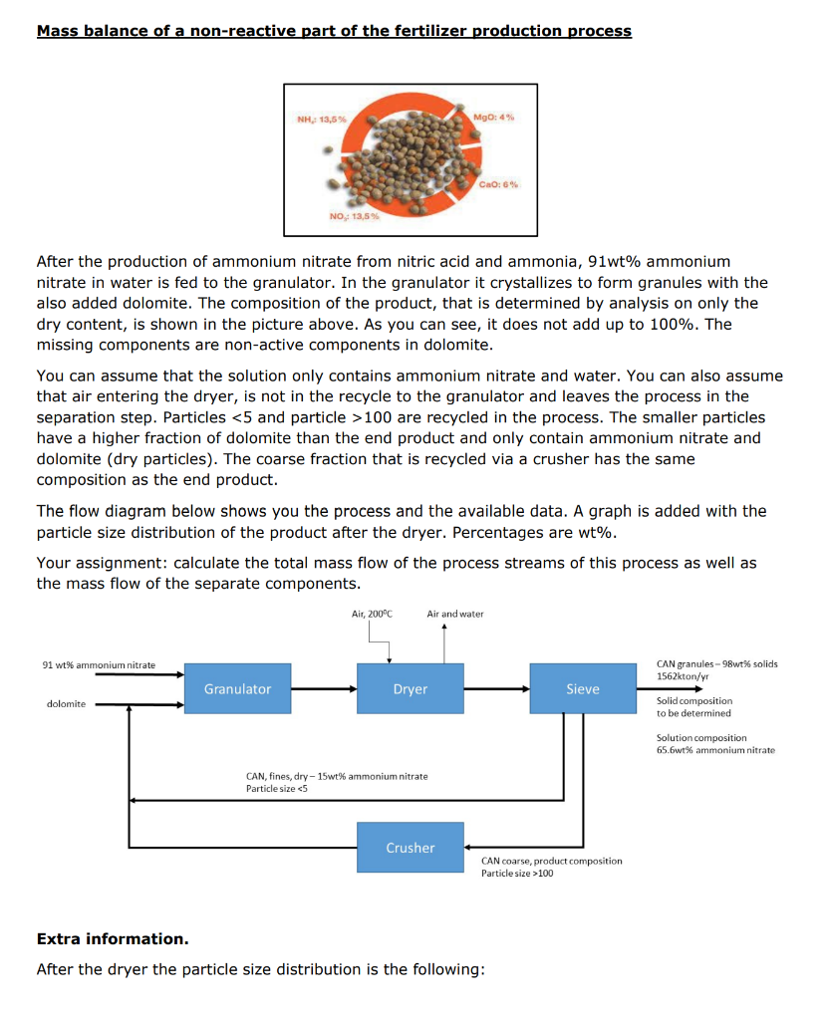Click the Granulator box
point(237,688)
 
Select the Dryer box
point(410,688)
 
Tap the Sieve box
point(582,688)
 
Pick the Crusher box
point(410,848)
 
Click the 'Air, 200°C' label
point(372,614)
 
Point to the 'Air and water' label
point(454,614)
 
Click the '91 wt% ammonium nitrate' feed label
point(99,664)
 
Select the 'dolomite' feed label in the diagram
point(66,704)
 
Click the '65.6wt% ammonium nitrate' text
point(715,750)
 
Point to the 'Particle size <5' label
point(277,789)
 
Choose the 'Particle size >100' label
point(517,874)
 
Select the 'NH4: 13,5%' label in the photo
point(321,121)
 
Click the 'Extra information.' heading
point(112,939)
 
